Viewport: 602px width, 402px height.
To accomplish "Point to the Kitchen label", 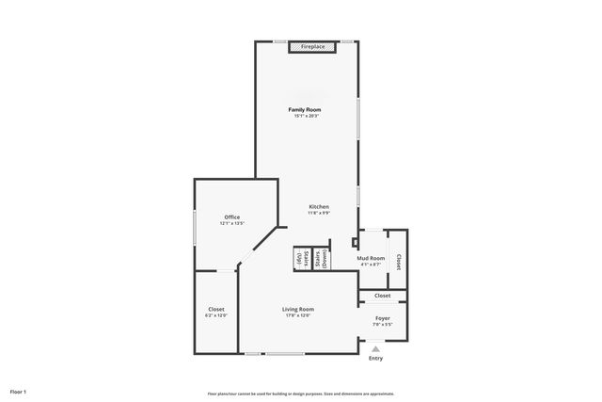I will pyautogui.click(x=319, y=206).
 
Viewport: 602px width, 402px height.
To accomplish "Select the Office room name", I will pyautogui.click(x=232, y=217).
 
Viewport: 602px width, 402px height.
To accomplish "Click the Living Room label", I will pyautogui.click(x=298, y=309).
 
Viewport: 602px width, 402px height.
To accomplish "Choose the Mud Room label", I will pyautogui.click(x=371, y=258).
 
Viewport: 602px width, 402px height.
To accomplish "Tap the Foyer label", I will pyautogui.click(x=383, y=318).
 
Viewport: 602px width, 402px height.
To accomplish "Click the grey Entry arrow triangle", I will pyautogui.click(x=376, y=348).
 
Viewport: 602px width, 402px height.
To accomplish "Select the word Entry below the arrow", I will pyautogui.click(x=376, y=359).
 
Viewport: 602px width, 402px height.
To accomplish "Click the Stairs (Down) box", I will pyautogui.click(x=320, y=259).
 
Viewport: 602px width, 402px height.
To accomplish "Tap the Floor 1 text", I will pyautogui.click(x=19, y=391).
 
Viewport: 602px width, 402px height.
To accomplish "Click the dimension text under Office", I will pyautogui.click(x=232, y=224).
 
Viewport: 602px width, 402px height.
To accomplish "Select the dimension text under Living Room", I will pyautogui.click(x=298, y=315).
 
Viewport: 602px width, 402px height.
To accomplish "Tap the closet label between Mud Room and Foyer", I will pyautogui.click(x=383, y=296).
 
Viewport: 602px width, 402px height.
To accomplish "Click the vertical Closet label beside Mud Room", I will pyautogui.click(x=398, y=263).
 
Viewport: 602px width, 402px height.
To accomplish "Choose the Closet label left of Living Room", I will pyautogui.click(x=216, y=309).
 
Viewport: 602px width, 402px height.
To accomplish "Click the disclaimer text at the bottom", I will pyautogui.click(x=300, y=394).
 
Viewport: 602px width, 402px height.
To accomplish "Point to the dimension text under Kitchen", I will pyautogui.click(x=319, y=213).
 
